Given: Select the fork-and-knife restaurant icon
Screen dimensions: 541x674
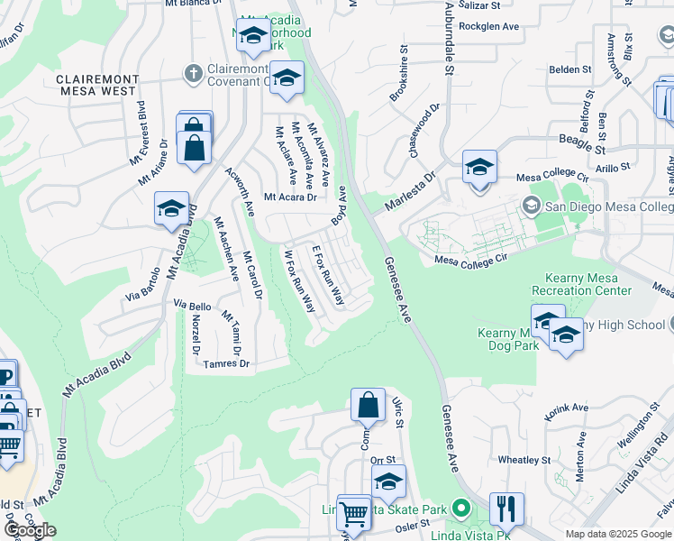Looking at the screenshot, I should tap(507, 509).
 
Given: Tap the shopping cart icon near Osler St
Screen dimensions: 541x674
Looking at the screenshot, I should tap(354, 513).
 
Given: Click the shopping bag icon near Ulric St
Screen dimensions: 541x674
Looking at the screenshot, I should tap(369, 406).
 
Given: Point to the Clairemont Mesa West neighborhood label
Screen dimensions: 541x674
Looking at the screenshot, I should tap(96, 85).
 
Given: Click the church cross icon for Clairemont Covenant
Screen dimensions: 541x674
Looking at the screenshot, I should tap(191, 71).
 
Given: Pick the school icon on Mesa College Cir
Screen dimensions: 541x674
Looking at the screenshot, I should tap(479, 168).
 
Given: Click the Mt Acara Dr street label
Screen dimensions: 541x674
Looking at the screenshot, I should tap(290, 197).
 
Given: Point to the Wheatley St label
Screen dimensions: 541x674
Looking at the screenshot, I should tap(524, 460).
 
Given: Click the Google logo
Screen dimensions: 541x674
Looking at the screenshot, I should tap(29, 530).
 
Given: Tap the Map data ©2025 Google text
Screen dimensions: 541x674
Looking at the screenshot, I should tap(617, 534).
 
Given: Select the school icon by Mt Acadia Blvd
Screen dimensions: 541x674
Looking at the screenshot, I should tap(171, 210).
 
